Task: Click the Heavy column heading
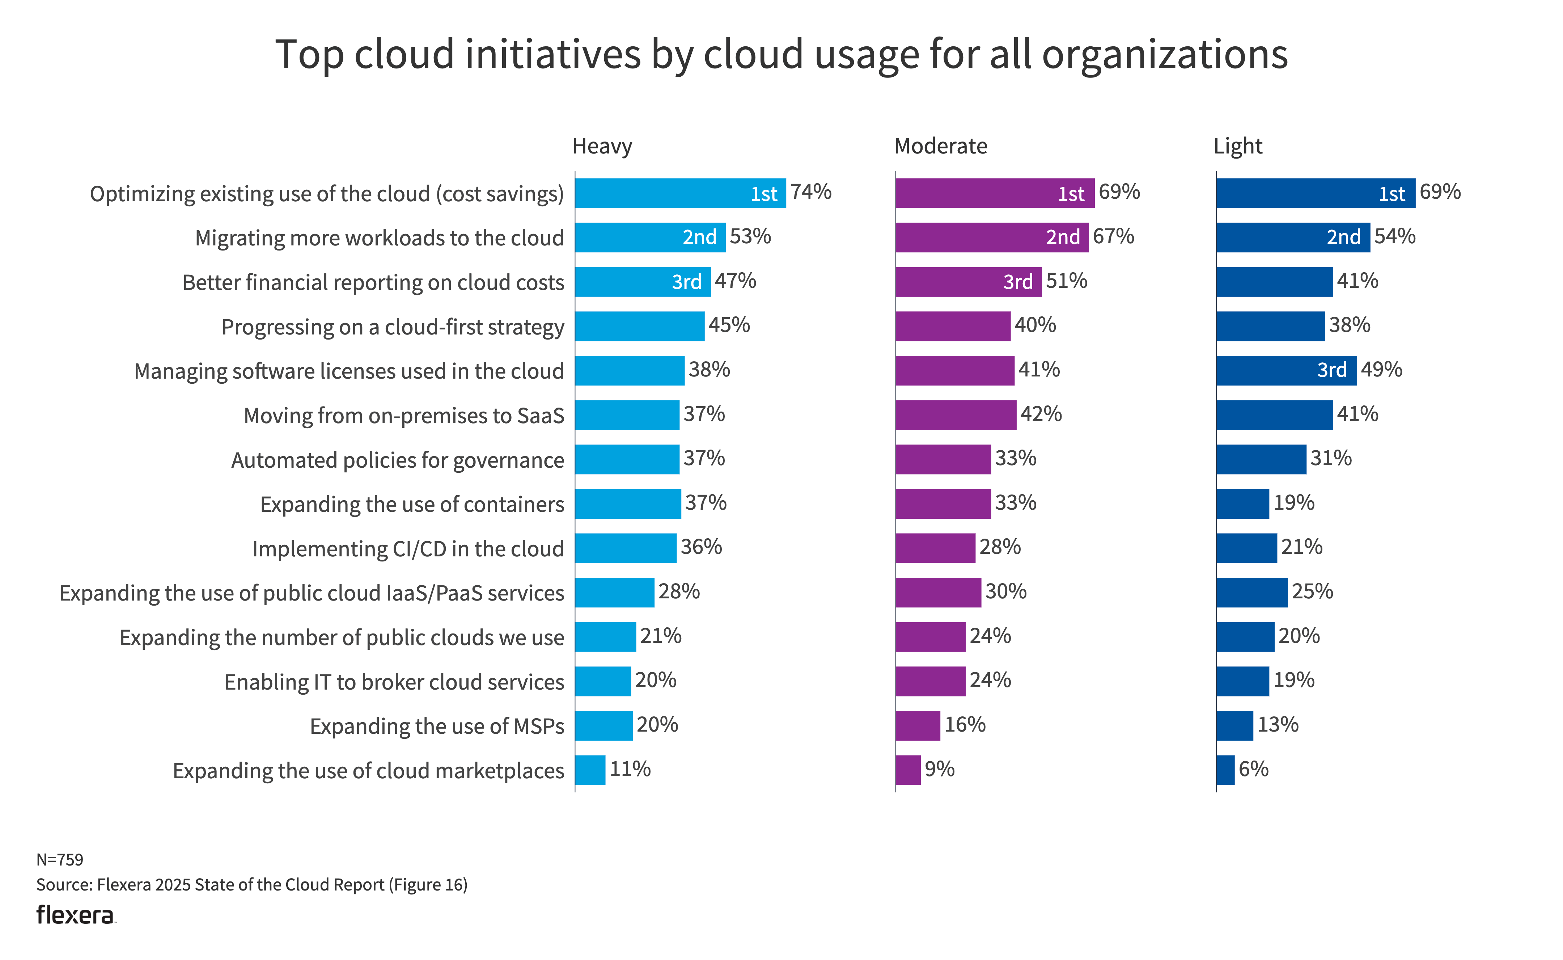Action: coord(602,147)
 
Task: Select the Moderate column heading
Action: coord(940,147)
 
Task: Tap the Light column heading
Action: coord(1237,147)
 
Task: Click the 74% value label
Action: coord(810,192)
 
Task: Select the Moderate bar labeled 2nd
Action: coord(991,237)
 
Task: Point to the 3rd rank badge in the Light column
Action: coord(1331,370)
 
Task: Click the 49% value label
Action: coord(1381,370)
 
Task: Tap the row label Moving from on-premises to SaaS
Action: coord(404,416)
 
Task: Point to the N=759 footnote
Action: coord(60,860)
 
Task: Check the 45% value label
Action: coord(729,325)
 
